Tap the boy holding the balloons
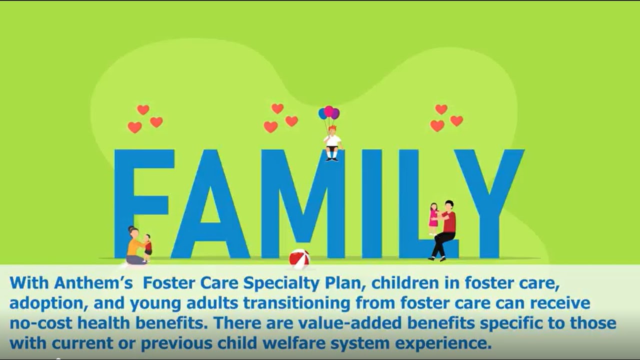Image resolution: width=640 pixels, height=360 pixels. click(x=332, y=142)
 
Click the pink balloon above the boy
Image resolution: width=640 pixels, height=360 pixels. click(x=328, y=111)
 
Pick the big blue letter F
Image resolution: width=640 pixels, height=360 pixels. click(x=142, y=202)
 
